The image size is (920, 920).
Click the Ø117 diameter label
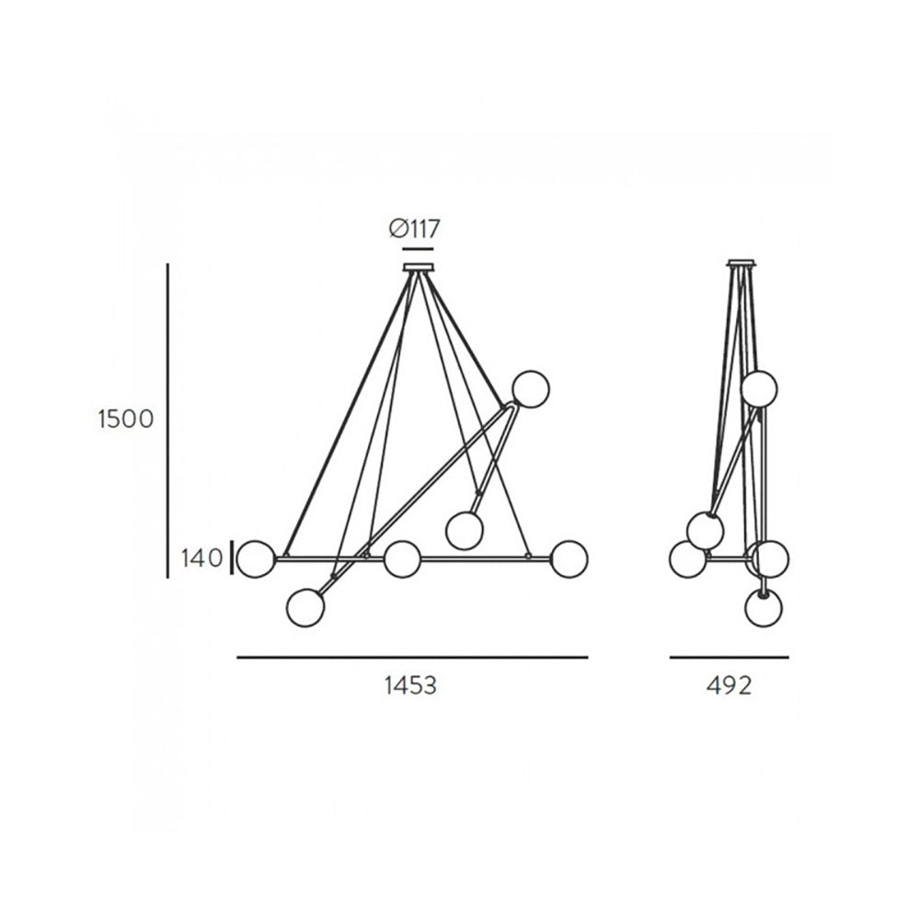click(414, 228)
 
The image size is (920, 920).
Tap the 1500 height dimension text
click(125, 419)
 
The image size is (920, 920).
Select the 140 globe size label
click(201, 558)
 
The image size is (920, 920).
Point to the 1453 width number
click(410, 685)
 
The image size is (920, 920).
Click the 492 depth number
click(729, 685)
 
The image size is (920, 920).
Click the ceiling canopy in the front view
click(419, 268)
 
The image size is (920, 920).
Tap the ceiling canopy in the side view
click(742, 263)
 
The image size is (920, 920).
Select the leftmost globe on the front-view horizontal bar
click(255, 558)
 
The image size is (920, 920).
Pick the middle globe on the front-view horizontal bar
click(403, 558)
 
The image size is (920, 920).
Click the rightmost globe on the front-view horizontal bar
click(569, 558)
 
